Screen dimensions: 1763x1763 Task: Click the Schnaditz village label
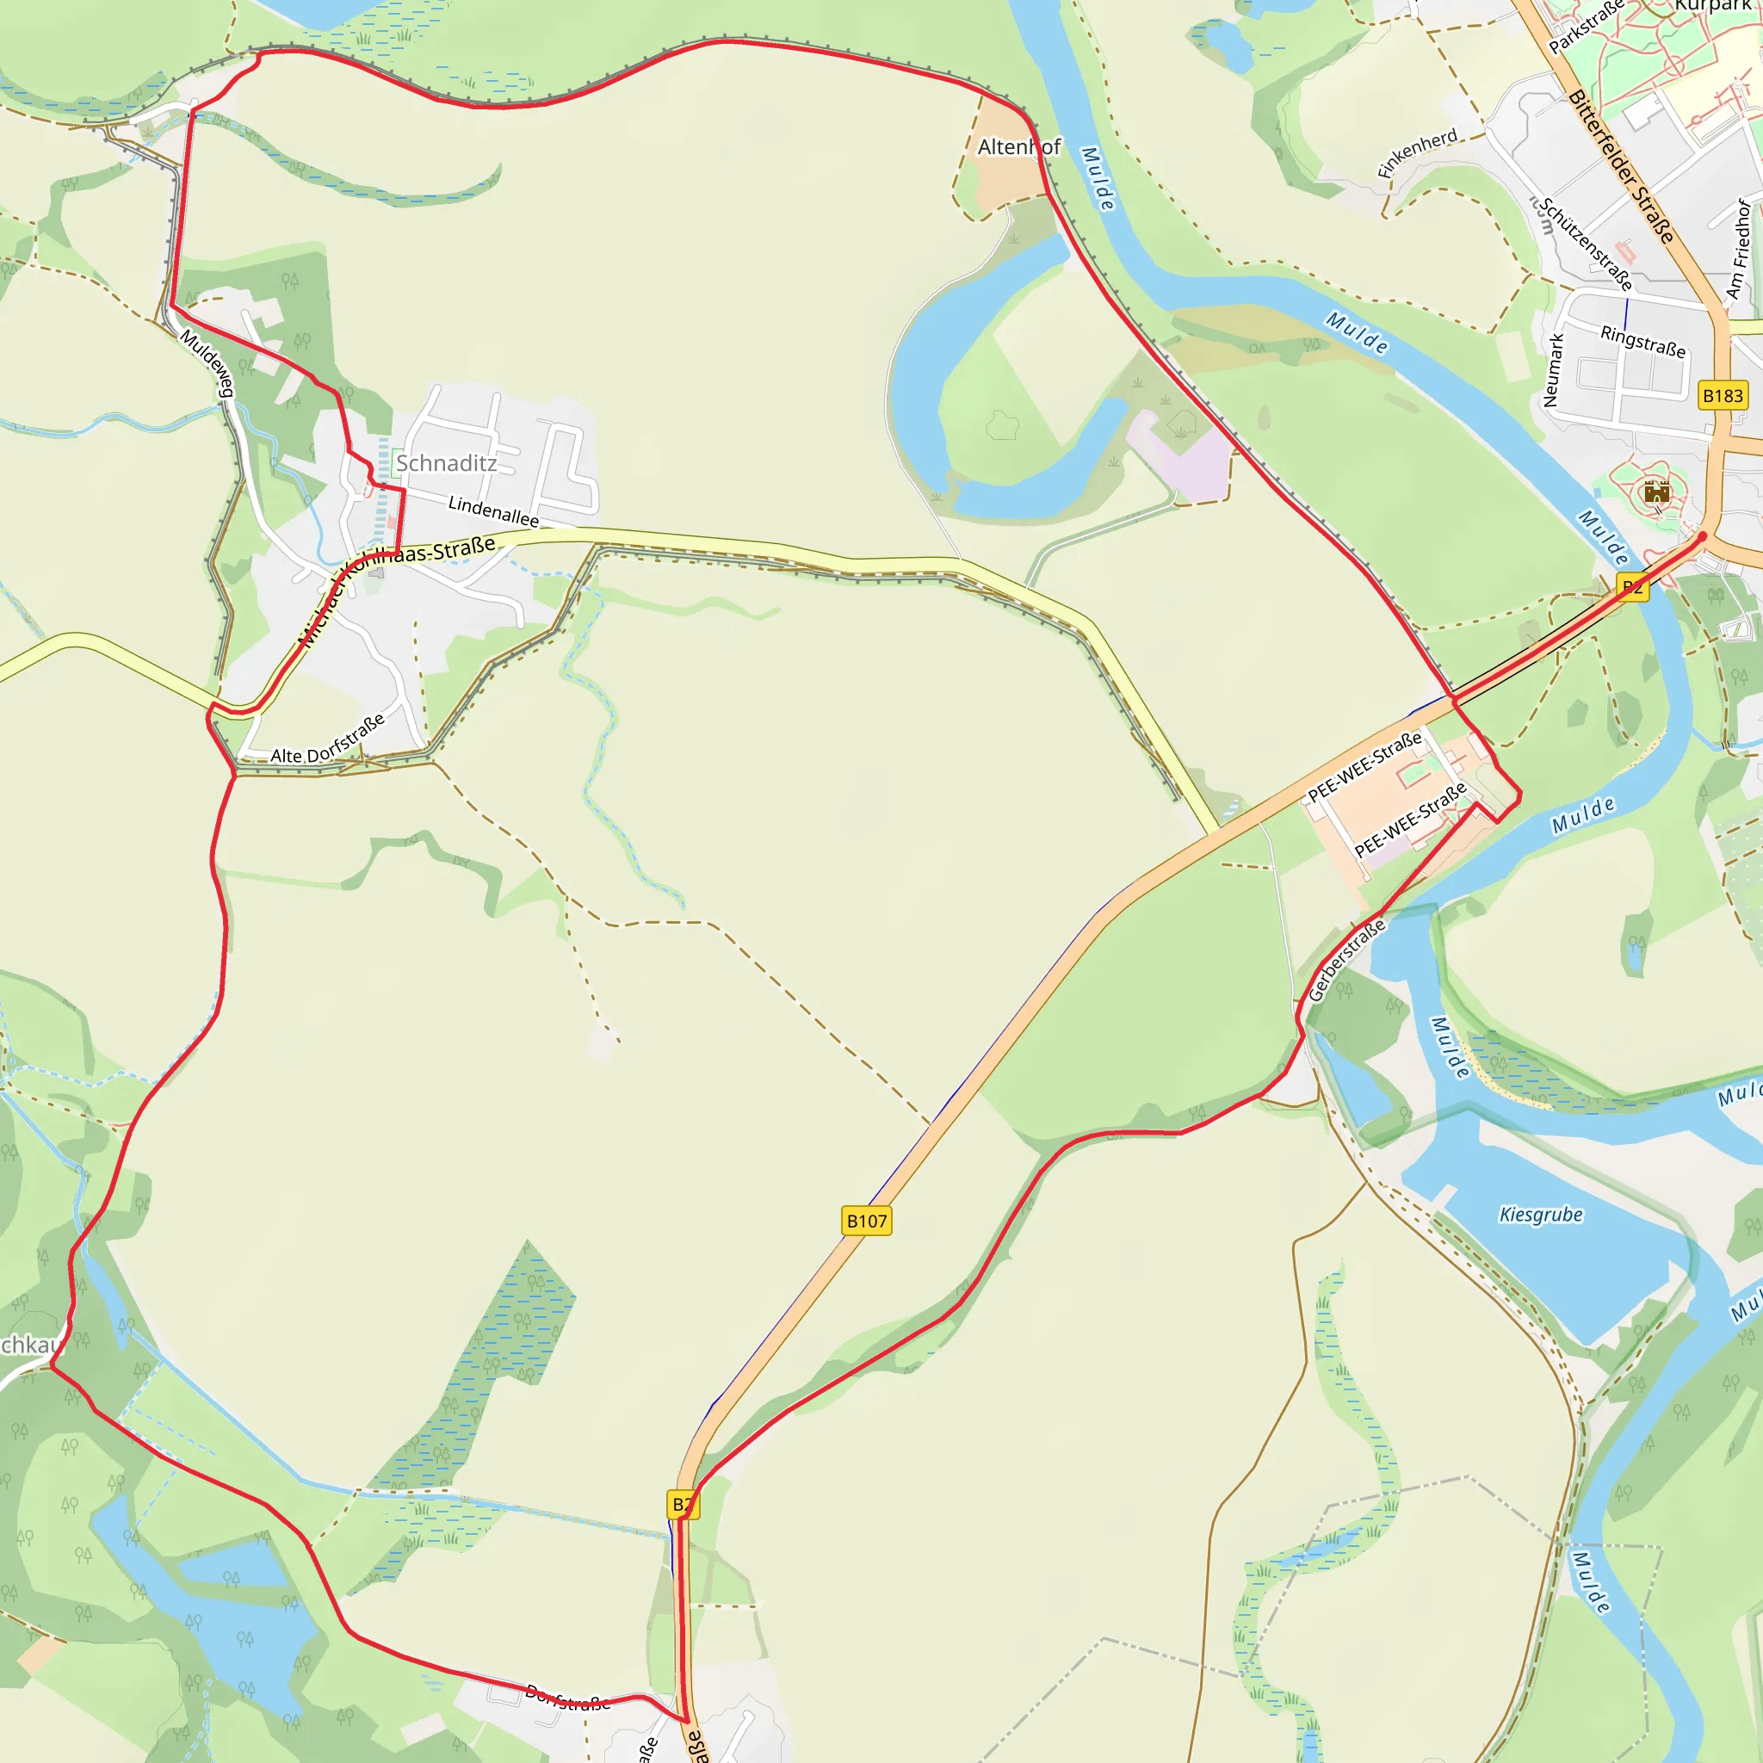pyautogui.click(x=446, y=464)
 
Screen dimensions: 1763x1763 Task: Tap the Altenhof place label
pyautogui.click(x=1018, y=147)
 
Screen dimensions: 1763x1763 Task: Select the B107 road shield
pyautogui.click(x=866, y=1221)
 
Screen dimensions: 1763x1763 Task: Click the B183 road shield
pyautogui.click(x=1723, y=396)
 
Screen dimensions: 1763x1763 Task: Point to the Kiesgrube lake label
pyautogui.click(x=1541, y=1215)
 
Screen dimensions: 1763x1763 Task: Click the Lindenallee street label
pyautogui.click(x=492, y=511)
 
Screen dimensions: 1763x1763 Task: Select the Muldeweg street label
pyautogui.click(x=208, y=363)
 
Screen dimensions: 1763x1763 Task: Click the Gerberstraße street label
pyautogui.click(x=1346, y=960)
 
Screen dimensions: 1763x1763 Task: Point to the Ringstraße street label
pyautogui.click(x=1642, y=341)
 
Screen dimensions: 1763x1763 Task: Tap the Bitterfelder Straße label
pyautogui.click(x=1622, y=167)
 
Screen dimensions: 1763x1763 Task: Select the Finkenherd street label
pyautogui.click(x=1417, y=153)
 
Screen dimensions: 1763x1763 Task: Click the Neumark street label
pyautogui.click(x=1553, y=369)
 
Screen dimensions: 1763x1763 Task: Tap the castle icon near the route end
pyautogui.click(x=1656, y=493)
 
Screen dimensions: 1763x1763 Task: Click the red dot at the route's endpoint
pyautogui.click(x=1702, y=536)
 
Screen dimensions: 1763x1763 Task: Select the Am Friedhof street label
pyautogui.click(x=1738, y=249)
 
